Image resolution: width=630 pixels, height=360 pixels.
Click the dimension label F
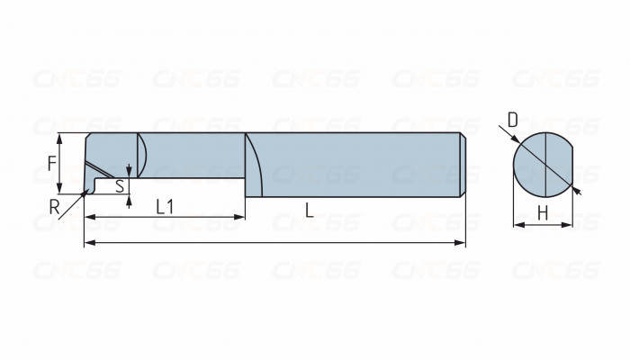[52, 164]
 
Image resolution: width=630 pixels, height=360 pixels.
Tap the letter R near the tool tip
[54, 207]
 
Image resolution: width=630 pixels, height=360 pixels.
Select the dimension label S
[120, 186]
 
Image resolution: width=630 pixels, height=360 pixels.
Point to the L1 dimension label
[165, 207]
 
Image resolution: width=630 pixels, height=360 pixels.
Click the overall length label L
[309, 210]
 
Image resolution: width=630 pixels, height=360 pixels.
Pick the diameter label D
[513, 120]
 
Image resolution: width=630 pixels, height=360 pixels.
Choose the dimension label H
[543, 213]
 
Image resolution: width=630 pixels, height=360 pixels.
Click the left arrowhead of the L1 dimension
[90, 217]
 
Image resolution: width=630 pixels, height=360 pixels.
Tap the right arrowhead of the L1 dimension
[239, 217]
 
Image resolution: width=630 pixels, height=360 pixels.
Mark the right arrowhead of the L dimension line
[460, 243]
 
